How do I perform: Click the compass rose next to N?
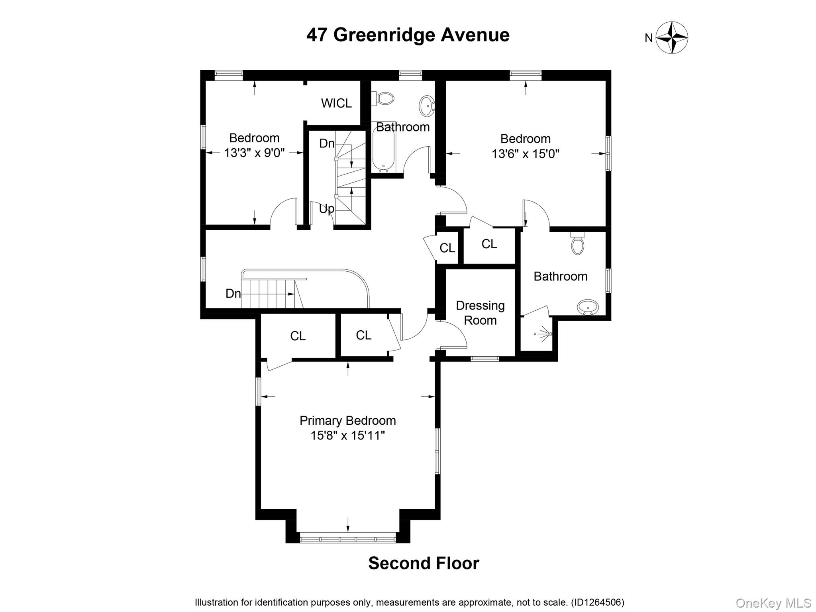point(672,38)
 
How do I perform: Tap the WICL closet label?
point(336,103)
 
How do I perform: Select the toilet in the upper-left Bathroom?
point(383,98)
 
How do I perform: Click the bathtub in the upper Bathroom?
point(383,150)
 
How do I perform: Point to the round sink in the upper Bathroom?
point(427,106)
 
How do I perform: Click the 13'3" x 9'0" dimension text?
point(254,153)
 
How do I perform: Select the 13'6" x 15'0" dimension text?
point(525,153)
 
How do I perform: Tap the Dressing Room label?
point(480,313)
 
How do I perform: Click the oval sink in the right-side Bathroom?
point(588,307)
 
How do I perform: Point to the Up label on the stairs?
point(326,208)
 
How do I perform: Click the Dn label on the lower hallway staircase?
point(233,294)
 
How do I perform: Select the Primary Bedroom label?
point(347,421)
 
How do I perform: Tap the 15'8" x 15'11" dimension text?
point(347,435)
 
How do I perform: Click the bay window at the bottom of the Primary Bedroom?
point(347,539)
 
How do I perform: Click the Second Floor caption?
point(424,563)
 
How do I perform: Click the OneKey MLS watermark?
point(773,603)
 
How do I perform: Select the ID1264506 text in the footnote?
point(598,602)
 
